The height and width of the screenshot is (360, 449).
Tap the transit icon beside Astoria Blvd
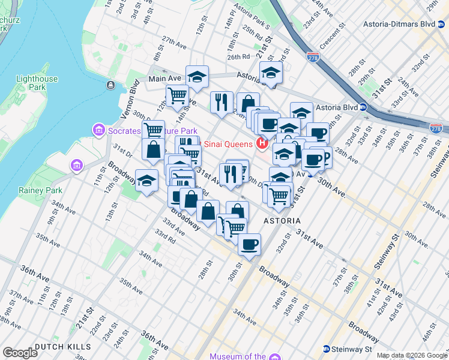coord(364,107)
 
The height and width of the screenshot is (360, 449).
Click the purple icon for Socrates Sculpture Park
coord(98,130)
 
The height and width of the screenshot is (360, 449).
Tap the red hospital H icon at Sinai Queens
coord(261,143)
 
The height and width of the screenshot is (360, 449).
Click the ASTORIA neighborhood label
coord(282,221)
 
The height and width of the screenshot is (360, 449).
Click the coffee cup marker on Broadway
coord(249,244)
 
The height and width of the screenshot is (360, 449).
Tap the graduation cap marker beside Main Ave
coord(196,76)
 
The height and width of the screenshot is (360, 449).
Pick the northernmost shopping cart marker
coord(177,95)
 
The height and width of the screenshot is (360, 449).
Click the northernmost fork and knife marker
coord(221,101)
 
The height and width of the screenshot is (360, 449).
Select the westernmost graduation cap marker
coord(146,181)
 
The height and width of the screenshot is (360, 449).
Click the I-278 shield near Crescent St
coord(313,58)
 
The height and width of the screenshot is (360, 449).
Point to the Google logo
coord(20,353)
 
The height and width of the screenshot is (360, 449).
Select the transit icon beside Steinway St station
coord(326,349)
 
